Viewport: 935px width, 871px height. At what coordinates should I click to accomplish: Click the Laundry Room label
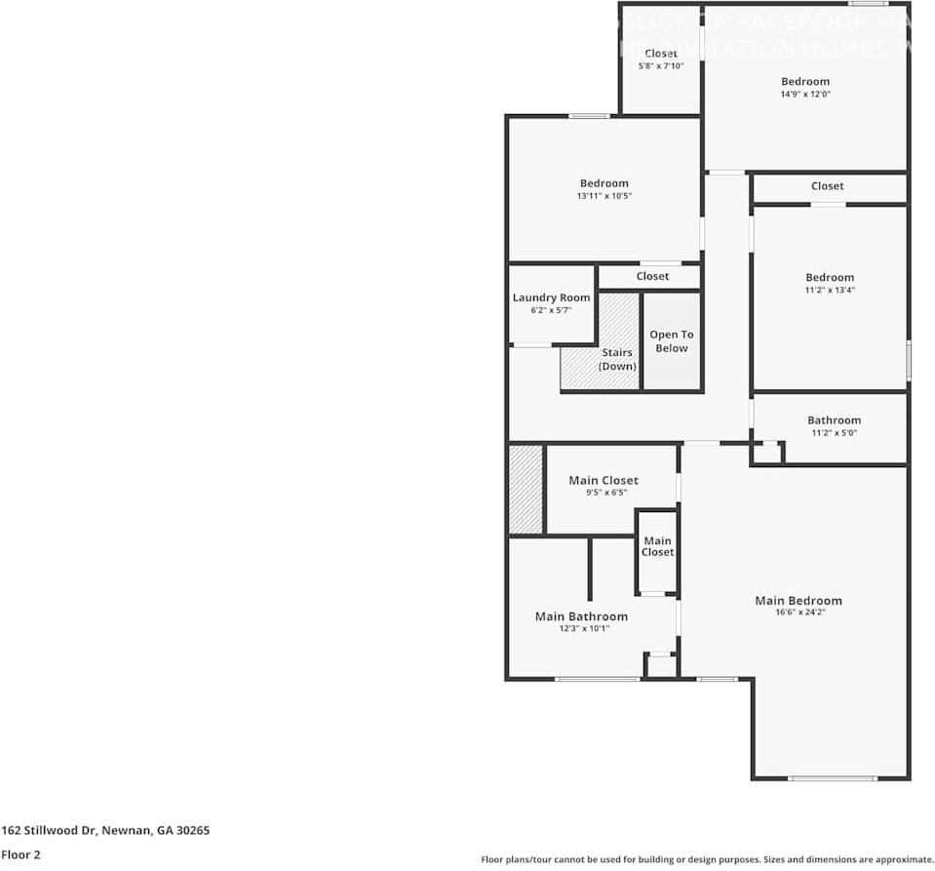551,297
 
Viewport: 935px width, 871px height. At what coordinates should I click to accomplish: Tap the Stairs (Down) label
617,359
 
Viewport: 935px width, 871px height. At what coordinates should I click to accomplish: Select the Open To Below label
671,341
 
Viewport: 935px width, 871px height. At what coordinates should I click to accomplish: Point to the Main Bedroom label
798,600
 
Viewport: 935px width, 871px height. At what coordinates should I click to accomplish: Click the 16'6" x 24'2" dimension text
798,613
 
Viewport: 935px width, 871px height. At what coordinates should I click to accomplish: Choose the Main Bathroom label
581,616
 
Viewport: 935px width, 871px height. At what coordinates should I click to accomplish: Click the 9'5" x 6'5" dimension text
604,493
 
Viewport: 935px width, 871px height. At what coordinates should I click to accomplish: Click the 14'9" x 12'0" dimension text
804,95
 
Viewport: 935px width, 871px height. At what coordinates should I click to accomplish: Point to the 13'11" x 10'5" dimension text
604,196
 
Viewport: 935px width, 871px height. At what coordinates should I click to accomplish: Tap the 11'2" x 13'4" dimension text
829,290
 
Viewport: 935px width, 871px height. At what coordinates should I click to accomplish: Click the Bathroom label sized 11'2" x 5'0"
834,420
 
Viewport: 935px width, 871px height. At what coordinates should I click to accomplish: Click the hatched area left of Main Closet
526,490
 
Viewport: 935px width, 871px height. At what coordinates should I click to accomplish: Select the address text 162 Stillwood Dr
104,831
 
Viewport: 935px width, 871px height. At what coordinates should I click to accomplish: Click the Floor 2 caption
20,854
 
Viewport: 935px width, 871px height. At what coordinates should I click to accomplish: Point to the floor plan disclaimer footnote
707,859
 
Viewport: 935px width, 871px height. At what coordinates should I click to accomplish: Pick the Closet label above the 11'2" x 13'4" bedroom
827,186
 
